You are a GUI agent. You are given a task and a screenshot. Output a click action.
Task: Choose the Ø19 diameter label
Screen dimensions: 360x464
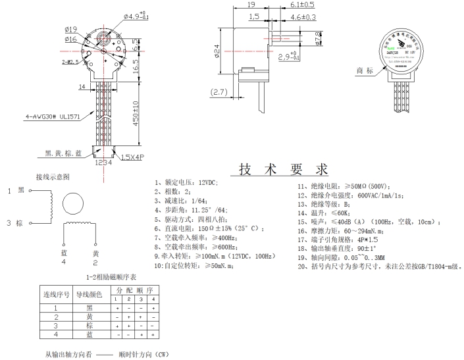coord(72,28)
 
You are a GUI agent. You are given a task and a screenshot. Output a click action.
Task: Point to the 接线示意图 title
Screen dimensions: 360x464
coord(53,177)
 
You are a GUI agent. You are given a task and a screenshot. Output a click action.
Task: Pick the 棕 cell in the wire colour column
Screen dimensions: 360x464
coord(90,325)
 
